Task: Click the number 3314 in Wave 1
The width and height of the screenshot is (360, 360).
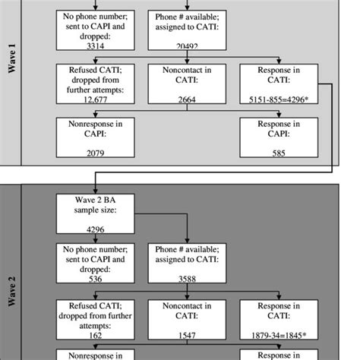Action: (x=89, y=46)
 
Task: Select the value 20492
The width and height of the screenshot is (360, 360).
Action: (x=187, y=46)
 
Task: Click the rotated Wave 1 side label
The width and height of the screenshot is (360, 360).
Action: (x=11, y=80)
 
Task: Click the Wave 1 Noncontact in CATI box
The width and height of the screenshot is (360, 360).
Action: (x=187, y=86)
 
